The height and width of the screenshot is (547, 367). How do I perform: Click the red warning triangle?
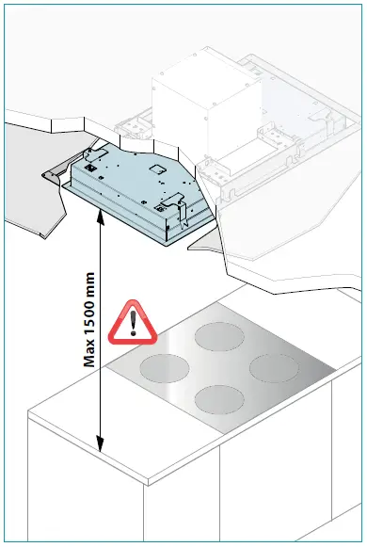click(x=132, y=322)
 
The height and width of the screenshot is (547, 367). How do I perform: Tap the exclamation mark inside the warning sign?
click(x=132, y=325)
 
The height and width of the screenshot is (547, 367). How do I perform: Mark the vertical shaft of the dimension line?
click(x=98, y=377)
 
